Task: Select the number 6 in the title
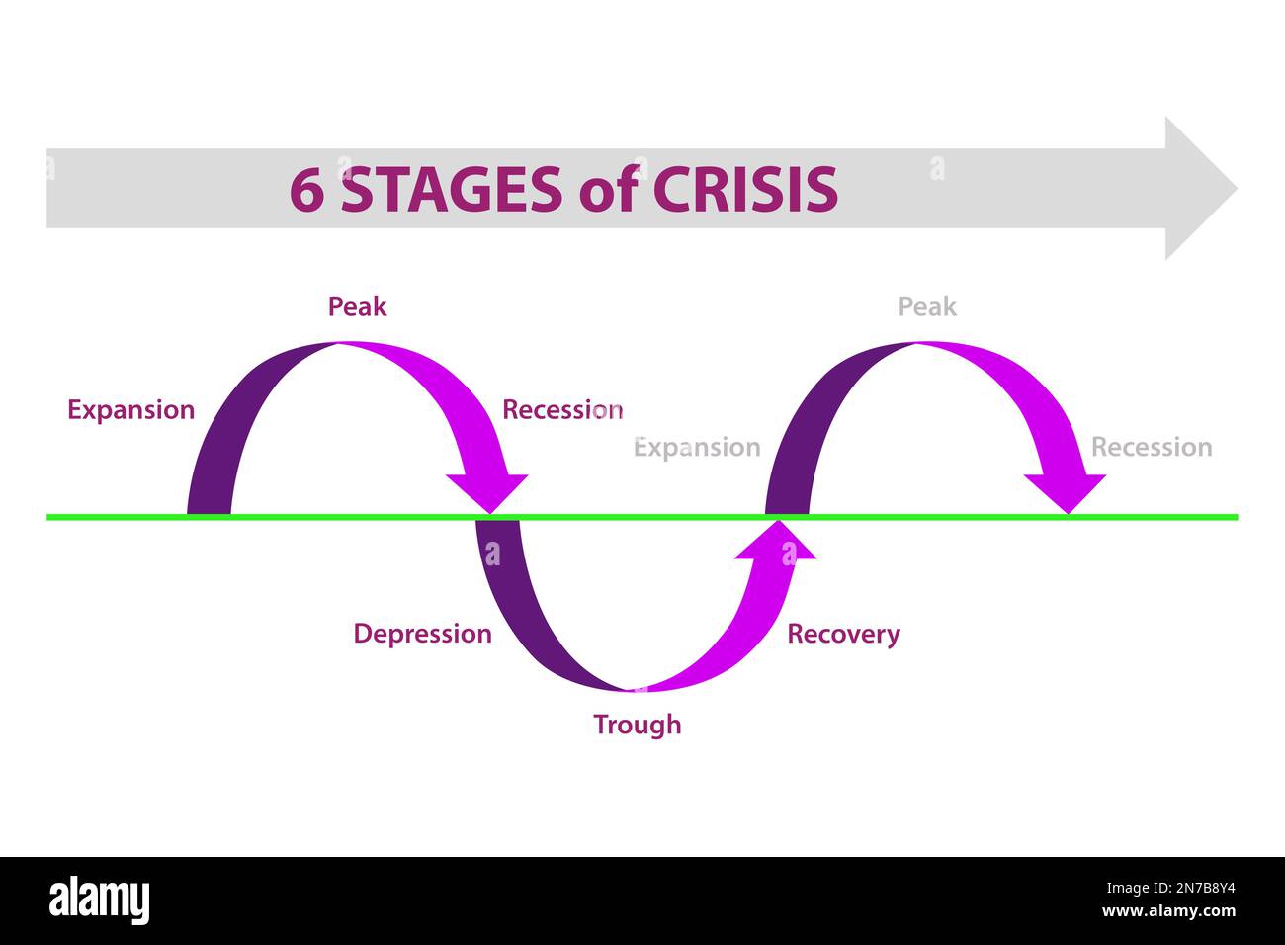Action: (306, 190)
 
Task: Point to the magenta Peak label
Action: (357, 306)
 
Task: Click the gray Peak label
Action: (926, 306)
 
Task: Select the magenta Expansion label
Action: (130, 410)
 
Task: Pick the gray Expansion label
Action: (696, 448)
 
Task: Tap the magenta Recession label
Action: (561, 410)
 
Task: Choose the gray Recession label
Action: (1151, 448)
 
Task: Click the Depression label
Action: (422, 634)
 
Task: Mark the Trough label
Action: (637, 725)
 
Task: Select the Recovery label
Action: (843, 634)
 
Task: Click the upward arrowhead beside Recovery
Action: (778, 541)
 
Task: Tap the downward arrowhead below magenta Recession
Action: (486, 491)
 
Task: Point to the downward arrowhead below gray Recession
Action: (1065, 491)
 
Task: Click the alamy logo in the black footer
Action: (99, 901)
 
